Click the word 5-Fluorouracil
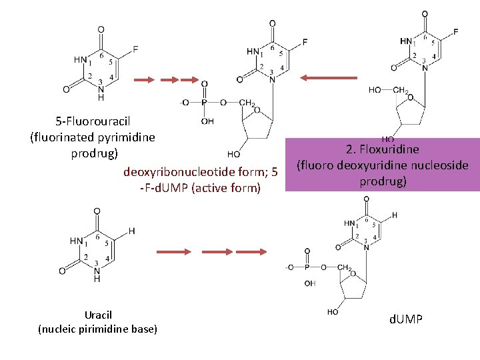93,121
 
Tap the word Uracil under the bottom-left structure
99,315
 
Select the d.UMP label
405,321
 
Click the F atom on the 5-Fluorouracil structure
136,49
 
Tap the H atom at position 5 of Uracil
131,231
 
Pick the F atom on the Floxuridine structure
455,31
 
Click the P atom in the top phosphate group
205,103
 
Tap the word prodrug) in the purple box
383,181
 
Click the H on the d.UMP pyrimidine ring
395,215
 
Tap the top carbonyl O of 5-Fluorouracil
101,30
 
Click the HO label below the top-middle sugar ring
234,153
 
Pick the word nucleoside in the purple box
440,165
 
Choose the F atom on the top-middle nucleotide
305,42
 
